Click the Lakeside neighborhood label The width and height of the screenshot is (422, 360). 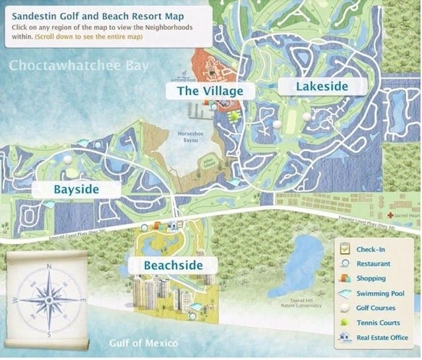click(313, 86)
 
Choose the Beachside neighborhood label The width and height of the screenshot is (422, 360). click(171, 266)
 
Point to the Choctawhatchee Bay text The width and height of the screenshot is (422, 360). click(78, 66)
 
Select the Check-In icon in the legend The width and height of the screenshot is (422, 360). click(345, 249)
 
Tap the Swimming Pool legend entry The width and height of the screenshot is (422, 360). click(380, 293)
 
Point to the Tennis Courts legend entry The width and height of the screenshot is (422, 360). click(377, 323)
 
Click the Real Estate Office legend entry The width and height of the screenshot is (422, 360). click(382, 338)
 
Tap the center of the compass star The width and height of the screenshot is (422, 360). click(49, 300)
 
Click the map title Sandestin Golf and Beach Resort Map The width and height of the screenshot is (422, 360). click(98, 14)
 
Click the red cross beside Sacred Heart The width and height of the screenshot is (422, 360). click(391, 216)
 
